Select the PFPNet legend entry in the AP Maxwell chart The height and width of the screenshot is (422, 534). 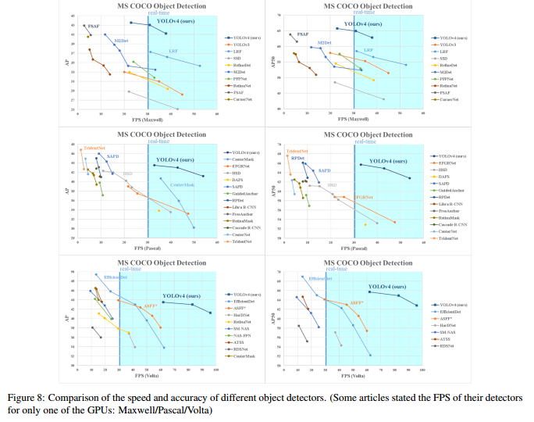[x=238, y=79]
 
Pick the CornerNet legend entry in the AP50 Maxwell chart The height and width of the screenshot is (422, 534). [x=448, y=100]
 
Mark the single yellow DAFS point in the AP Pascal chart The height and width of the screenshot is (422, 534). [x=158, y=210]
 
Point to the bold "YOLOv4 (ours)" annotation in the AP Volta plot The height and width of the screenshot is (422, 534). [x=180, y=296]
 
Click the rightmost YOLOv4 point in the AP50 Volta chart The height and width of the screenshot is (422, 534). [x=417, y=306]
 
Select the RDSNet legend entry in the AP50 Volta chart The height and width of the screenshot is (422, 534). [x=447, y=345]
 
